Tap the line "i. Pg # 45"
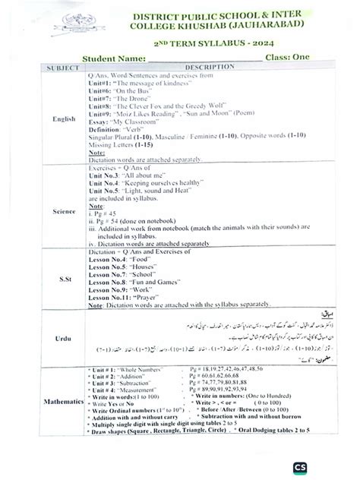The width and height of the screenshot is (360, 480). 106,214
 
